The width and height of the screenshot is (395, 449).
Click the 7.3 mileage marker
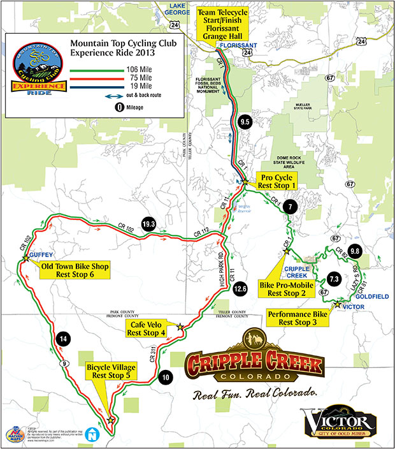tap(334, 279)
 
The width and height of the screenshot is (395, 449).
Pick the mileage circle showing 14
tap(62, 339)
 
